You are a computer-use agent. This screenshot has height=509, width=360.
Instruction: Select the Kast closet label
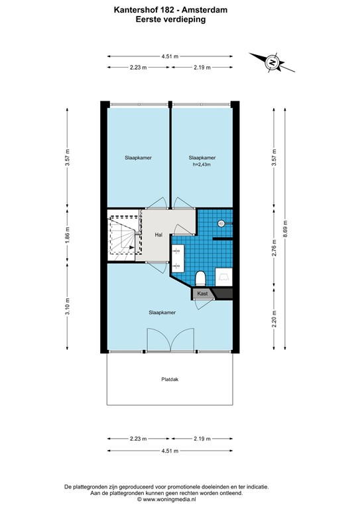point(203,293)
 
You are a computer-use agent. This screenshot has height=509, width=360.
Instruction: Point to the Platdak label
point(170,380)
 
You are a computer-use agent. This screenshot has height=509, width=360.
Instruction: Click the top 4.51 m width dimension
point(170,56)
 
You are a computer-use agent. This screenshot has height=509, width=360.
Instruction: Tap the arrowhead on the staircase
point(133,249)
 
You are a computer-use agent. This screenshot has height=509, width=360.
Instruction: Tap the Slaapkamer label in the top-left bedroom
point(137,158)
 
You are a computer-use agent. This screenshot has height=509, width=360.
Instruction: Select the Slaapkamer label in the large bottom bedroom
point(162,312)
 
